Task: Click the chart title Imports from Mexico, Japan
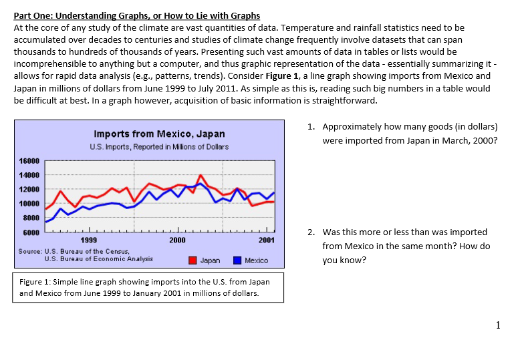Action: (159, 134)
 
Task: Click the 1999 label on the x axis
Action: (88, 240)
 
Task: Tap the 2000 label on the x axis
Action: (178, 240)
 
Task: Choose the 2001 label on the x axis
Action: (266, 240)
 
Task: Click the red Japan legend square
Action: (193, 260)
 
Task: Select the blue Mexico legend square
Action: (237, 260)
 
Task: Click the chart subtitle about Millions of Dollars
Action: (159, 146)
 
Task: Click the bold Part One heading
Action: (137, 15)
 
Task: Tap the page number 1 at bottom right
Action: (497, 325)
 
